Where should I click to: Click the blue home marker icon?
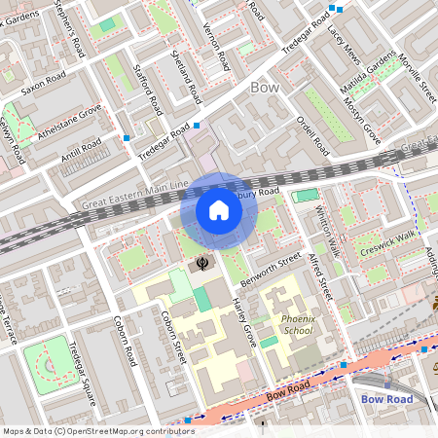coord(219,210)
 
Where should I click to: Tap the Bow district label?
coord(265,88)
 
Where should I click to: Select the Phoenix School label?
coord(297,324)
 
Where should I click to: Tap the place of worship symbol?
coord(202,262)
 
